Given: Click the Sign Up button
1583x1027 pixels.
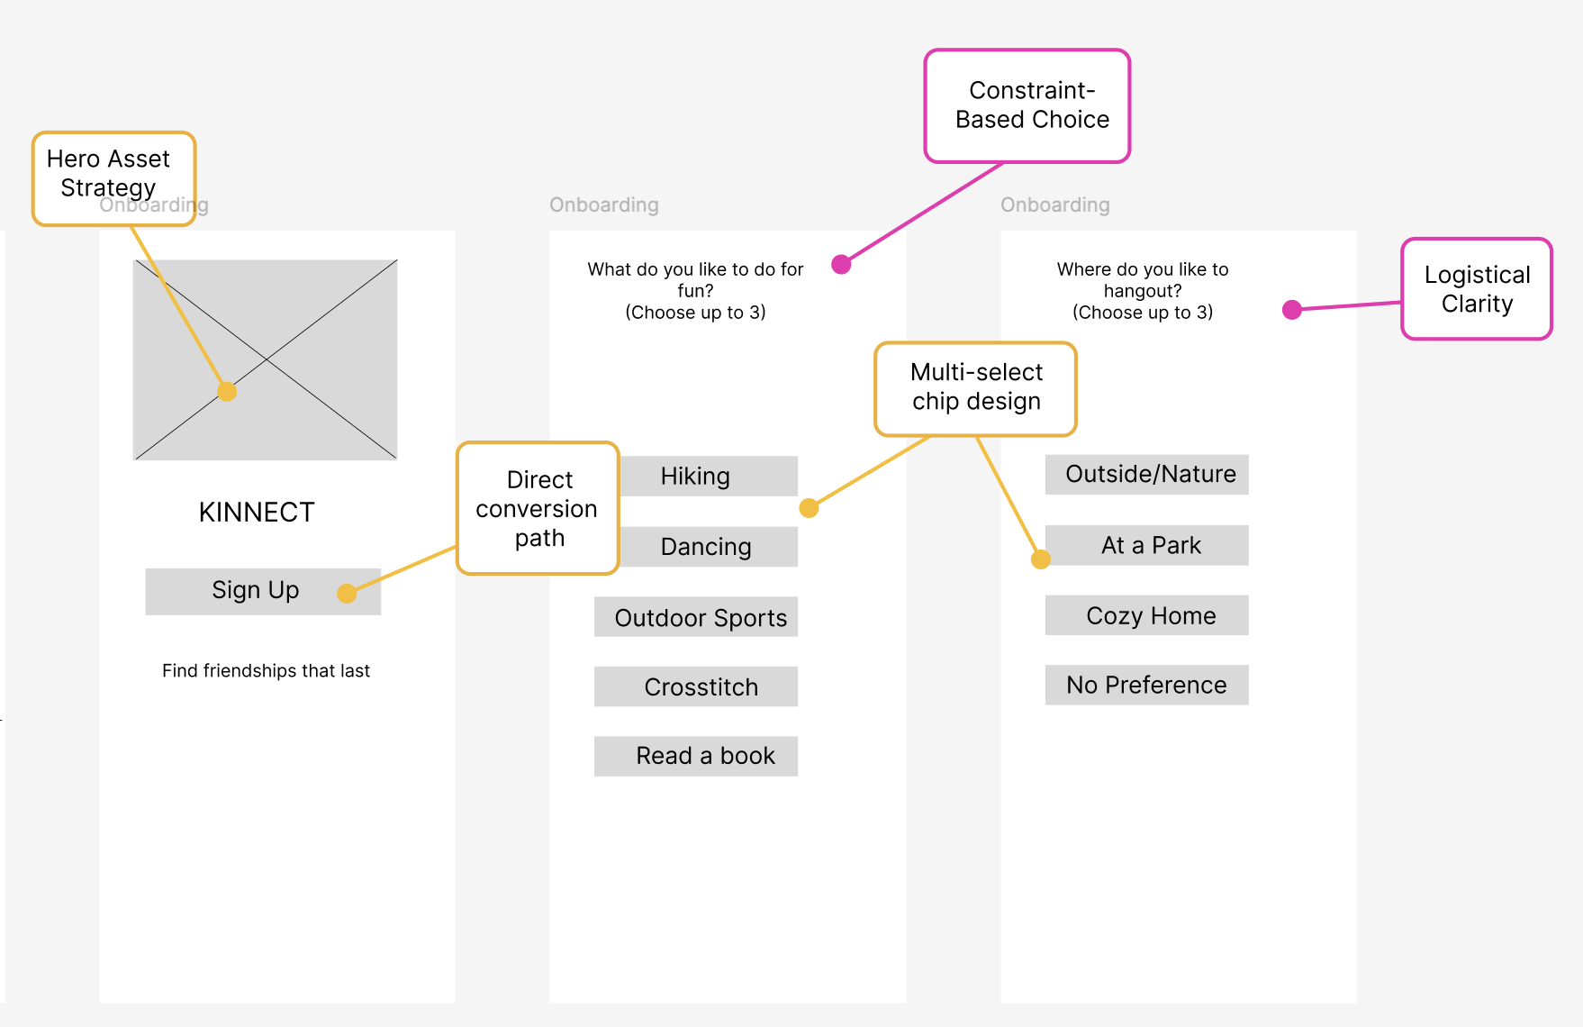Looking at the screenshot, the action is tap(263, 591).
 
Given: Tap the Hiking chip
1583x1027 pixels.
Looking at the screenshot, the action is tap(708, 476).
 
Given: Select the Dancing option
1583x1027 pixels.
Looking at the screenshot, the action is tap(708, 547).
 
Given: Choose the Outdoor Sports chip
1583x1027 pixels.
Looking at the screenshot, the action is tap(696, 617).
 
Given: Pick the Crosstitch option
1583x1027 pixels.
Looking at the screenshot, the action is tap(696, 686).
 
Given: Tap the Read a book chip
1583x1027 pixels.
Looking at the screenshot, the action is tap(696, 756).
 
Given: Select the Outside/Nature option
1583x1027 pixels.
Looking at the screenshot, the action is tap(1147, 475).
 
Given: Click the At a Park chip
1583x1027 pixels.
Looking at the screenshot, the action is tap(1147, 545).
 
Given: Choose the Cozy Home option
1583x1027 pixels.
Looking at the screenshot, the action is tap(1147, 615).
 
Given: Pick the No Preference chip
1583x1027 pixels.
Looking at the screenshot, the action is tap(1147, 685).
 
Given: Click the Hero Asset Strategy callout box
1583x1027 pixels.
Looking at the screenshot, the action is tap(114, 178).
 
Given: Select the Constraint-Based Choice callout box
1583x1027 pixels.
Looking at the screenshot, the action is tap(1027, 106).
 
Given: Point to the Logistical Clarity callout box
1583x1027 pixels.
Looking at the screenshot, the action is tap(1477, 289).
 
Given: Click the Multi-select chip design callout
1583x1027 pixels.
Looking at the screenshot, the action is tap(976, 389).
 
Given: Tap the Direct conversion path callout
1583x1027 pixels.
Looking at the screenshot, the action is tap(538, 508).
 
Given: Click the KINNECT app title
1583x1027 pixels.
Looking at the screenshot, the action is tap(257, 513).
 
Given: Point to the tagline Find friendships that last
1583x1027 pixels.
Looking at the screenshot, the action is tap(266, 671).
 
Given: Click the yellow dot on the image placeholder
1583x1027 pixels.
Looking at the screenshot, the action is tap(227, 392).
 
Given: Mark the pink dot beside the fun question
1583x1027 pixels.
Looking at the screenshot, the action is tap(841, 264).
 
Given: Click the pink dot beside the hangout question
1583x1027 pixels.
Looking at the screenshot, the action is tap(1292, 310).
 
